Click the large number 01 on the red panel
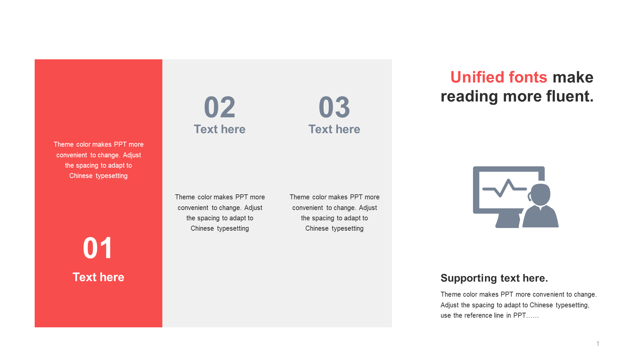coord(98,248)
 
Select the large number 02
coord(220,107)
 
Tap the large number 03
coord(334,107)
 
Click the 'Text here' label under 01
coord(98,277)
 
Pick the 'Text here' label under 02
coord(220,129)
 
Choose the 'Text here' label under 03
coord(334,129)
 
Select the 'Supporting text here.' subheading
coord(494,278)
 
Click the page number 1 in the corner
coord(598,344)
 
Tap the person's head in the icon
coord(540,194)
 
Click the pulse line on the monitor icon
coord(504,188)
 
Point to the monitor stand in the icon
coord(508,221)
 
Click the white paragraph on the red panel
coord(98,160)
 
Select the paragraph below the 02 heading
coord(220,213)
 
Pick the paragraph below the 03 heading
coord(334,213)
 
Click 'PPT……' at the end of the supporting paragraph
coord(526,315)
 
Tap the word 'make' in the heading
coord(573,77)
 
